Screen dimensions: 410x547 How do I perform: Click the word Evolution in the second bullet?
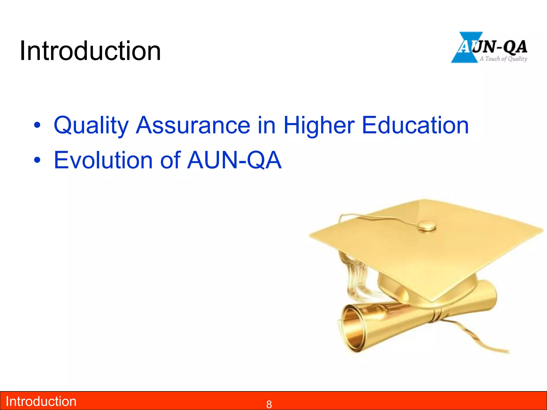[103, 160]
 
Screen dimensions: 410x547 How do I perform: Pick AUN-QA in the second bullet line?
[234, 160]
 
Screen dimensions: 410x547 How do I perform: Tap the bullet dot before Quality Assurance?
[37, 125]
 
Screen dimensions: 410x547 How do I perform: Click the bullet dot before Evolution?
[37, 160]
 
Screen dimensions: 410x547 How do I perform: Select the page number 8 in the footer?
[269, 404]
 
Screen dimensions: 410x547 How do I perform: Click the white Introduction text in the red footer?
[41, 401]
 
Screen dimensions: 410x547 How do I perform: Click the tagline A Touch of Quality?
[503, 59]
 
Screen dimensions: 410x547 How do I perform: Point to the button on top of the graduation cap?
[427, 226]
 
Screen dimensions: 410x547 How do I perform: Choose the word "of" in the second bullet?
[170, 160]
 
